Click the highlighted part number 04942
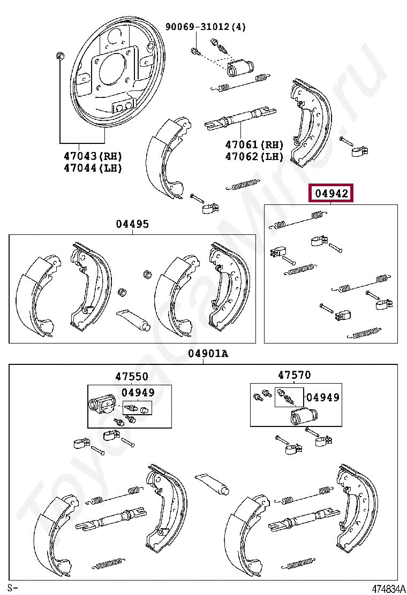331,194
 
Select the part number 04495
132,224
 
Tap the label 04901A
208,354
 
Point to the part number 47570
293,376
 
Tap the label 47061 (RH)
254,144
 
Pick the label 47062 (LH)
254,156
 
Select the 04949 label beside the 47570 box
322,397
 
